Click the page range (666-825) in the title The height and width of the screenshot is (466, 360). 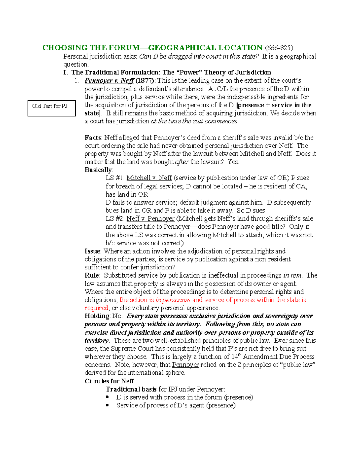tap(279, 48)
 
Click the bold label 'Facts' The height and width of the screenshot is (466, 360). tap(93, 138)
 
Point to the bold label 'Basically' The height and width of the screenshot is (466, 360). tap(98, 170)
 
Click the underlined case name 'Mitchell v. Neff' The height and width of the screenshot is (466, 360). tap(149, 178)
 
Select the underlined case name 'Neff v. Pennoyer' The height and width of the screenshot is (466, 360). tap(151, 218)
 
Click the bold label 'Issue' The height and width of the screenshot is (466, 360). tap(92, 251)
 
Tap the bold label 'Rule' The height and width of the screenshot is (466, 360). tap(92, 275)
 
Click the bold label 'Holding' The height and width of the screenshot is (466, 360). tap(97, 316)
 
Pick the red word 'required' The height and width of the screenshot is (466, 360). tap(96, 308)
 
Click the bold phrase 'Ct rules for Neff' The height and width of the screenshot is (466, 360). tap(109, 381)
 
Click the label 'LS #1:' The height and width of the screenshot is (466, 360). tap(115, 178)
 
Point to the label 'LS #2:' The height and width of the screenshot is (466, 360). tap(115, 218)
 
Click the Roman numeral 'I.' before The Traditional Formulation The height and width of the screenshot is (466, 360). tap(66, 72)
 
